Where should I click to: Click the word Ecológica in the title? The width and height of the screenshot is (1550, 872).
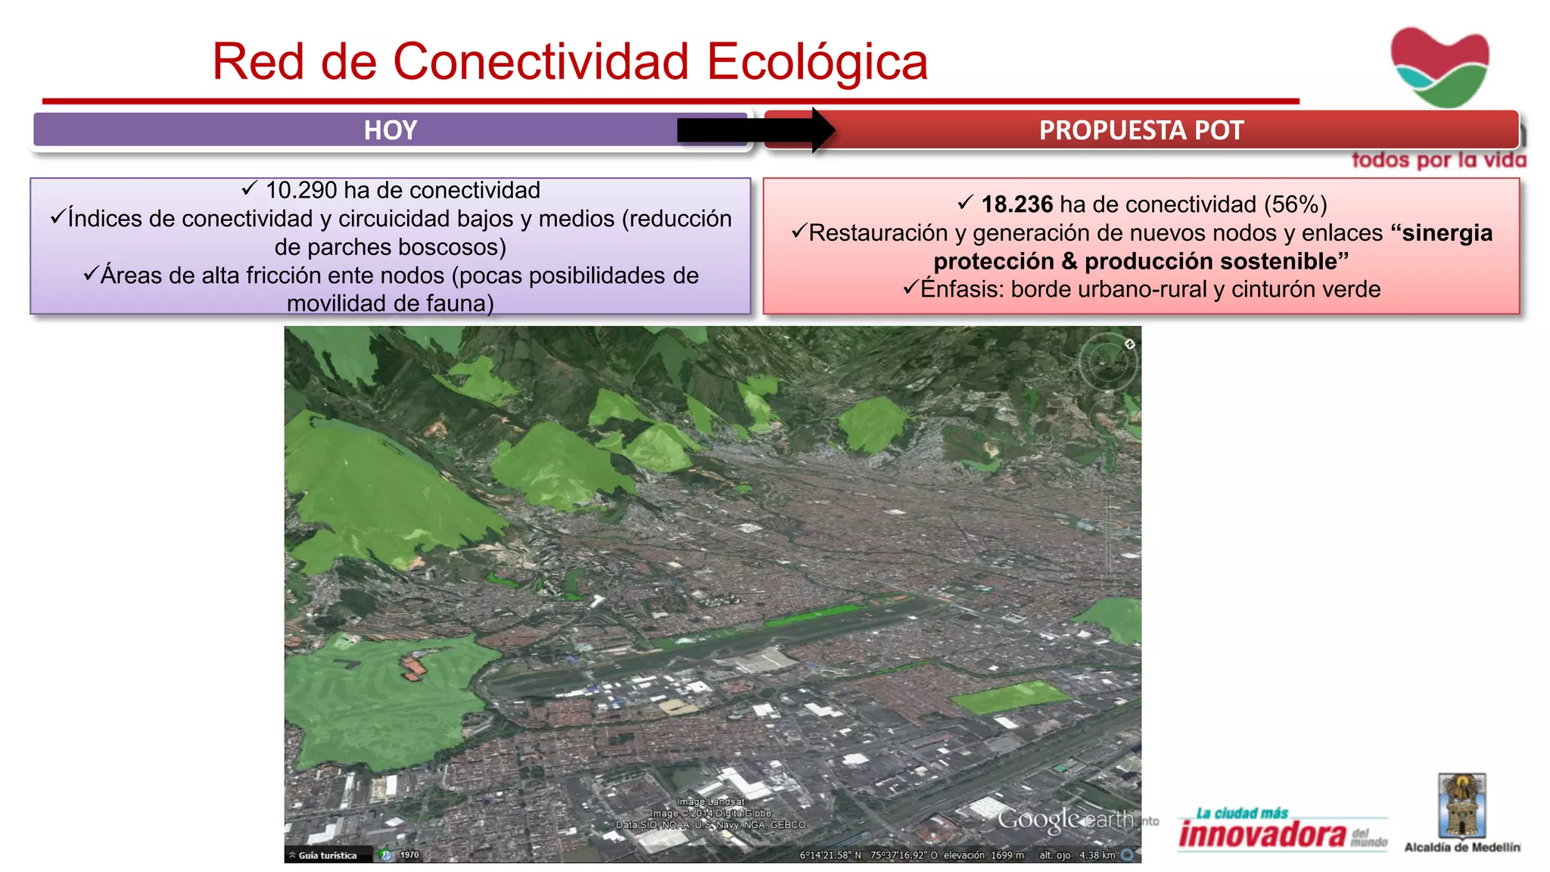click(817, 62)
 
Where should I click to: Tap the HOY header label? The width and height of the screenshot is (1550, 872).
click(391, 130)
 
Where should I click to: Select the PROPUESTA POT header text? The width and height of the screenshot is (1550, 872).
click(1141, 130)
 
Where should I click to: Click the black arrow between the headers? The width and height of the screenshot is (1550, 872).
click(757, 130)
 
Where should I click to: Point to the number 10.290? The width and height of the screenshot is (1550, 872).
click(300, 190)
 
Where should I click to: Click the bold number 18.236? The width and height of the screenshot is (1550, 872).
click(1016, 204)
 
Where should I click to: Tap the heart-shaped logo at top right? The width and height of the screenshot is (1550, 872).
click(1440, 67)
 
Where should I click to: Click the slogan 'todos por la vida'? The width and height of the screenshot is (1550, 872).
click(1439, 160)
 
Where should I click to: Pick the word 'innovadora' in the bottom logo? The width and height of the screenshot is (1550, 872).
click(1262, 834)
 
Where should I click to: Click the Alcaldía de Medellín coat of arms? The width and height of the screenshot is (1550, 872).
click(1461, 805)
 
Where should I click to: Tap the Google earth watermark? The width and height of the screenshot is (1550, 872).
click(1066, 819)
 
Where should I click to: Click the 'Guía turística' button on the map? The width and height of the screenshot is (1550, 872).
click(327, 855)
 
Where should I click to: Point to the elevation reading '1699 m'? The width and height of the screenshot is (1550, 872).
click(1007, 855)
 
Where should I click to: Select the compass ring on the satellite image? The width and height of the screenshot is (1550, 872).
click(1107, 364)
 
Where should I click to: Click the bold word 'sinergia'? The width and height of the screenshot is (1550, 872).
click(1446, 233)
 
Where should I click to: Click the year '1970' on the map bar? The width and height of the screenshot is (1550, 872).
click(409, 855)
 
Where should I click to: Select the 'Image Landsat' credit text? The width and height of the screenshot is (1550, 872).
click(711, 802)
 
